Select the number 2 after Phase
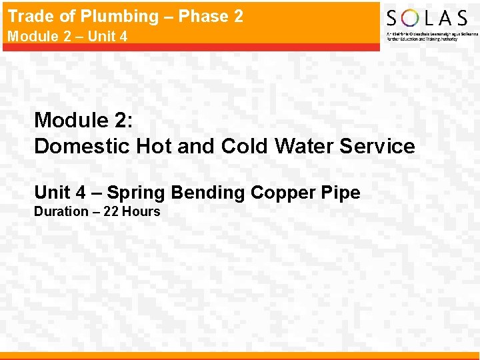[237, 16]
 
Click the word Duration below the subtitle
[61, 212]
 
